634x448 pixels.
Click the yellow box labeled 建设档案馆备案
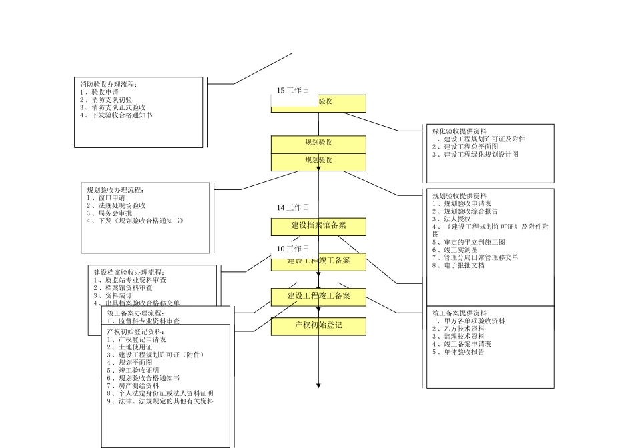tap(318, 226)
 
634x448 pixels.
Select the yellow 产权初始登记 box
tap(318, 326)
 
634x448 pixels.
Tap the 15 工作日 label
tap(293, 90)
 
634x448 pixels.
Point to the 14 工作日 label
tap(293, 208)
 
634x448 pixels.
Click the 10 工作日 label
tap(293, 249)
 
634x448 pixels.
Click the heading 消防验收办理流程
tap(109, 85)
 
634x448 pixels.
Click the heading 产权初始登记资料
tap(135, 331)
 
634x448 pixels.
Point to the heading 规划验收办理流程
tap(115, 190)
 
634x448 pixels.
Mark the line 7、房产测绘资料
tap(133, 385)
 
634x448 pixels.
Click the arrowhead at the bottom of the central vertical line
tap(318, 385)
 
